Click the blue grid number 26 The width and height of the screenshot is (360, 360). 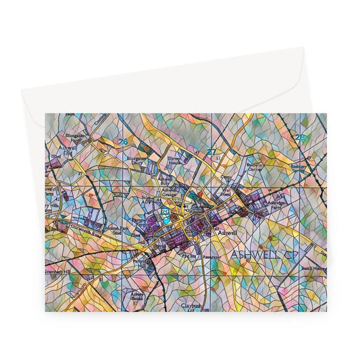(x=122, y=142)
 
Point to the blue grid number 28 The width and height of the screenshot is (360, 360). (x=300, y=138)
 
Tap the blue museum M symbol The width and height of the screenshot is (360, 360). (x=166, y=213)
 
